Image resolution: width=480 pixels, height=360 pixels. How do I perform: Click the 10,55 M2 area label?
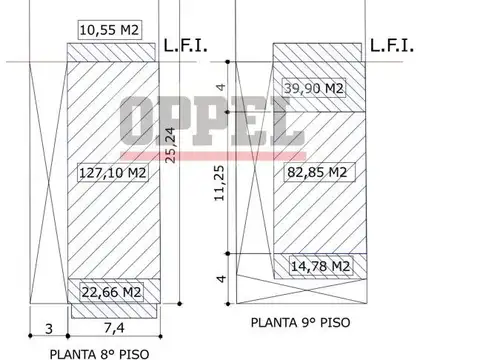(109, 30)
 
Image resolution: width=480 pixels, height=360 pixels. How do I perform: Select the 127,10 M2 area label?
(113, 173)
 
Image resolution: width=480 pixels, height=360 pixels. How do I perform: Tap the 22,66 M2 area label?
(112, 292)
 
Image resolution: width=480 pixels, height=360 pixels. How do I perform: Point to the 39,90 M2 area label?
(314, 88)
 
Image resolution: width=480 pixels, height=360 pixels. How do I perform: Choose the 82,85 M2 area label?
(319, 172)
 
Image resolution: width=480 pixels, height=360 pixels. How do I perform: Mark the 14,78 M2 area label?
(321, 266)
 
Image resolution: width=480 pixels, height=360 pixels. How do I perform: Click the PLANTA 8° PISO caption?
(99, 354)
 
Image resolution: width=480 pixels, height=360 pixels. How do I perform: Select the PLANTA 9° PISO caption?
(300, 322)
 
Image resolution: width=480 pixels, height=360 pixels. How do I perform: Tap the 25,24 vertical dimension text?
(170, 145)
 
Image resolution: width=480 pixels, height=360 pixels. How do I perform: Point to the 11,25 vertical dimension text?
(220, 183)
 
